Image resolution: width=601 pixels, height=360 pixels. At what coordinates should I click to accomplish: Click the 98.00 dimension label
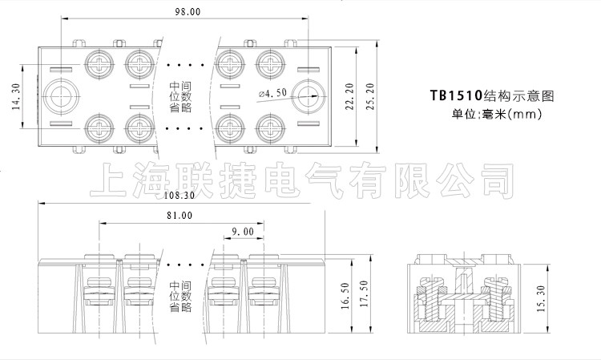[188, 13]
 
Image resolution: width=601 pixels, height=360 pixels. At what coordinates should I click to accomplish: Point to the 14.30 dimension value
[16, 99]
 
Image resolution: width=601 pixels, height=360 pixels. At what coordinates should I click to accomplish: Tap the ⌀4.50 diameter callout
[273, 94]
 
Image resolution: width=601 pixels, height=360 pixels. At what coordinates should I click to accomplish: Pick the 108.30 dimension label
[179, 195]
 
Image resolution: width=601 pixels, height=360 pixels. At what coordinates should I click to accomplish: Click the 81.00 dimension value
[179, 216]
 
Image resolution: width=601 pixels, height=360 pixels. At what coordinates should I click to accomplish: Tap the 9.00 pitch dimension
[242, 232]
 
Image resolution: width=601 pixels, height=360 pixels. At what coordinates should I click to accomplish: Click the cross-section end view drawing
[461, 294]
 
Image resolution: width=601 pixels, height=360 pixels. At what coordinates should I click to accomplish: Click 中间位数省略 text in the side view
[180, 295]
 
